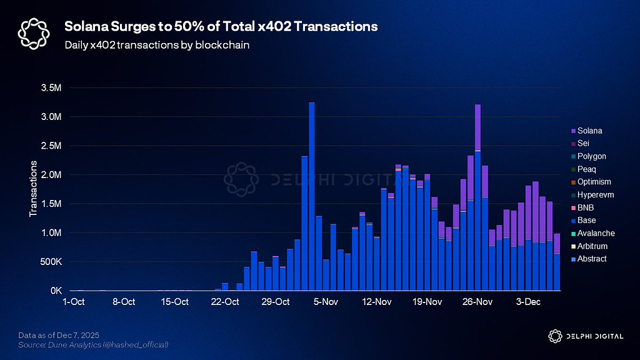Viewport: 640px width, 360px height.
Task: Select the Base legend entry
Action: coord(586,221)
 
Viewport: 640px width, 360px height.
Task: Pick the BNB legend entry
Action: coord(586,208)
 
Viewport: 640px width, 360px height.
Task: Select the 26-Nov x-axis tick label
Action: coord(477,302)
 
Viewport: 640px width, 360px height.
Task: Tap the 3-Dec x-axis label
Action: coord(528,302)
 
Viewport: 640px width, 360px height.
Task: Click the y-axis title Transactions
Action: coord(34,189)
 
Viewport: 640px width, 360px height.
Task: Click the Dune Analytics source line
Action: coord(93,345)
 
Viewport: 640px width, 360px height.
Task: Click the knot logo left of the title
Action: coord(32,32)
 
